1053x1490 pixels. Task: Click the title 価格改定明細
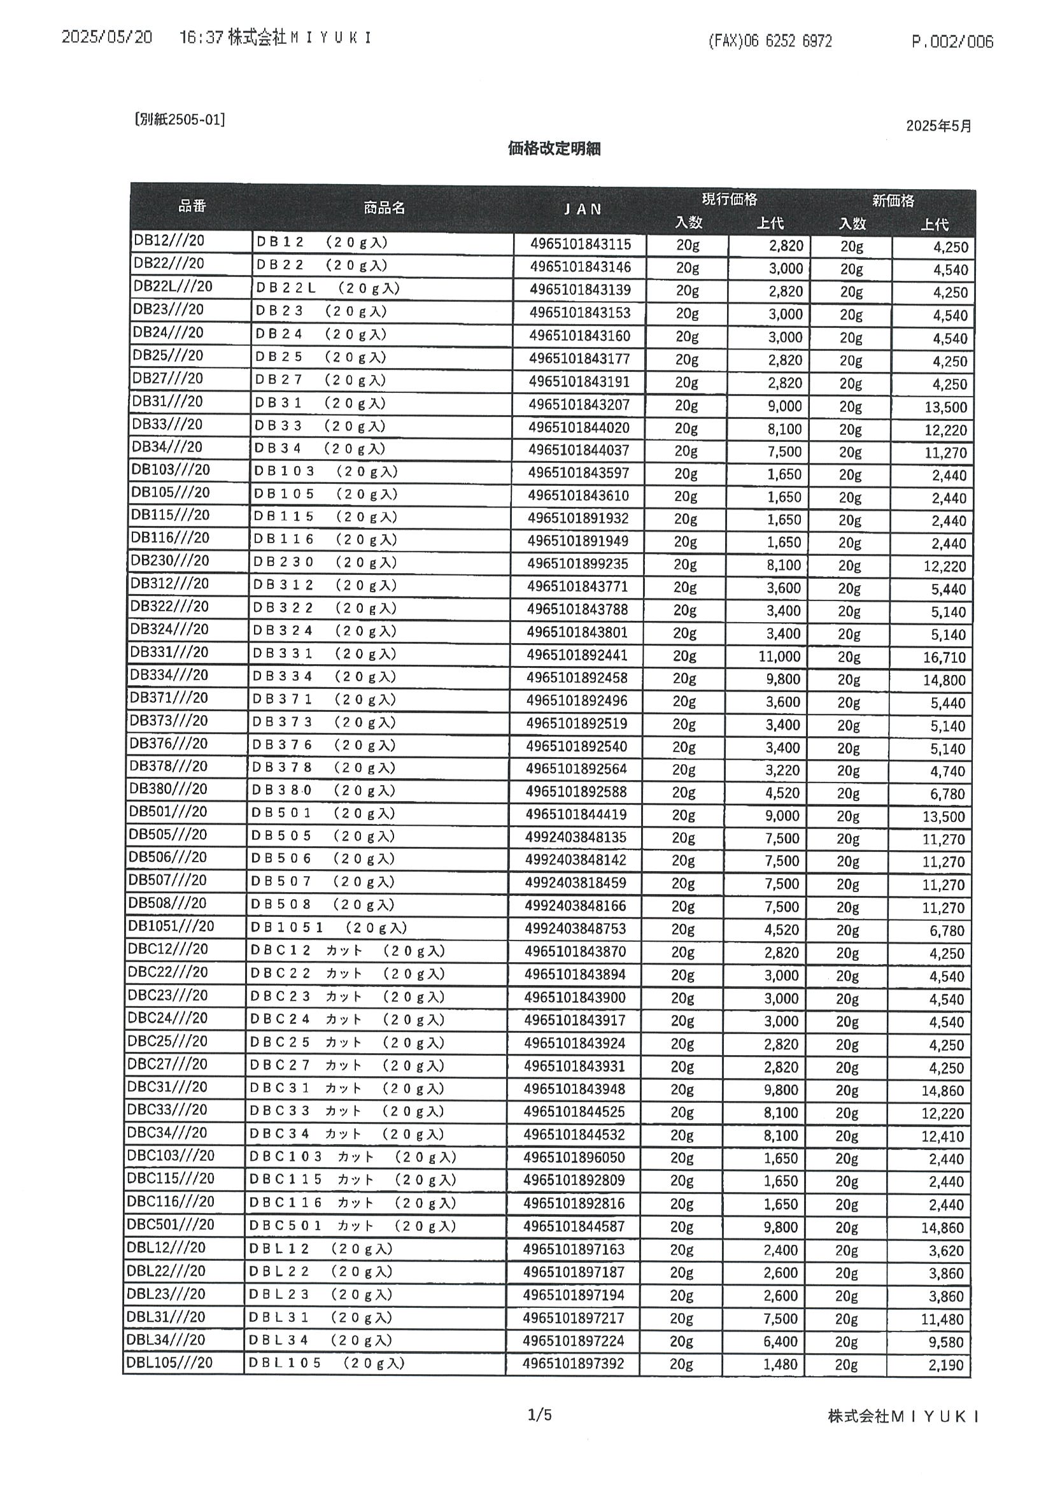554,148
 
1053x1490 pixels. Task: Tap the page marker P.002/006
952,42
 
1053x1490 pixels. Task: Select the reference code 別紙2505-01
180,120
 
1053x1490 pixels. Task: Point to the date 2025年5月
938,126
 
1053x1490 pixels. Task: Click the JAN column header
582,209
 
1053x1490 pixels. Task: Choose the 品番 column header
192,206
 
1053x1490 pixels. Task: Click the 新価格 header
893,201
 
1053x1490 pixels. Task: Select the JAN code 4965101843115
580,244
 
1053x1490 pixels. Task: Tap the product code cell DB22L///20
172,286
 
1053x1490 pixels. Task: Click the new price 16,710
944,657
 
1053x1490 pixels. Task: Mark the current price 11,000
779,656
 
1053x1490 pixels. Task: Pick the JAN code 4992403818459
576,883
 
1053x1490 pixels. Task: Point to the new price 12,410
943,1137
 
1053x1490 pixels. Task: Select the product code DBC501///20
170,1224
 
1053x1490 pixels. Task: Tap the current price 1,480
781,1364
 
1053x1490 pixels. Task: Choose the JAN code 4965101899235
577,564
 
